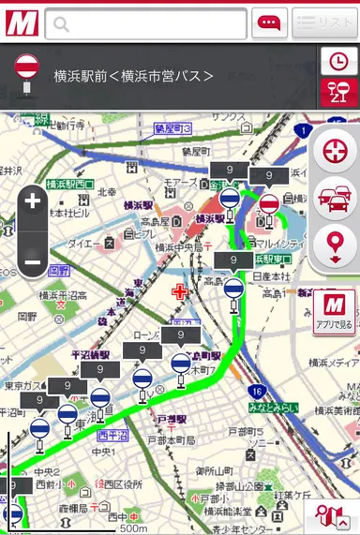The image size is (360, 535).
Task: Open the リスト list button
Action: pos(324,23)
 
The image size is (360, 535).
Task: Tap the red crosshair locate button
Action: pos(335,152)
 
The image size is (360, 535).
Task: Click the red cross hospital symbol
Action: pos(179,292)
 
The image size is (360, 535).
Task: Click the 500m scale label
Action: pos(133,528)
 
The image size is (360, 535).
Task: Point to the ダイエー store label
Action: pos(85,243)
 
